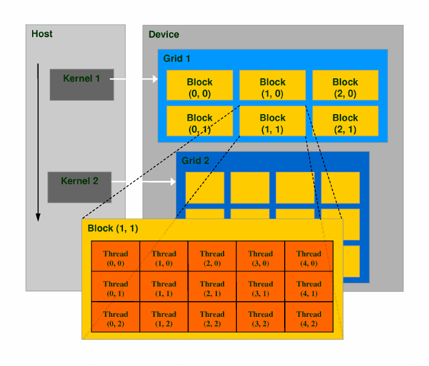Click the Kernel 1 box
tap(82, 84)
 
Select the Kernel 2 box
tap(79, 186)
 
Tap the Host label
tap(42, 34)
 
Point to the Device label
tap(164, 35)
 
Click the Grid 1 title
tap(176, 59)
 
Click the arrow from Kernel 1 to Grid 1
tap(136, 79)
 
